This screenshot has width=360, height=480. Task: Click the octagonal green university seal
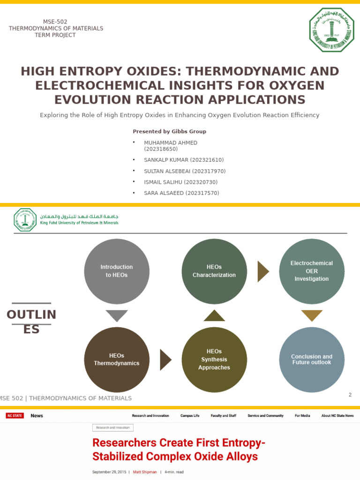coord(331,30)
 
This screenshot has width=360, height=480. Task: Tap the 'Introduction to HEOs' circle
coord(117,271)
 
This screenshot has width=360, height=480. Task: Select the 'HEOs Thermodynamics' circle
coord(117,360)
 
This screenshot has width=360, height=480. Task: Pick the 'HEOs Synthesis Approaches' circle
coord(214,360)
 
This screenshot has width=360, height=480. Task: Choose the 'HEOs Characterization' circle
coord(214,271)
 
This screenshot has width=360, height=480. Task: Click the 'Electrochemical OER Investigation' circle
coord(312,271)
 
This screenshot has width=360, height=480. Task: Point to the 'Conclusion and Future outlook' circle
coord(312,360)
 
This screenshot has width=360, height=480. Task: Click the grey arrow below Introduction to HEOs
coord(117,315)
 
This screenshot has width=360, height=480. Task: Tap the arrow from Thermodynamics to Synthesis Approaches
coord(165,360)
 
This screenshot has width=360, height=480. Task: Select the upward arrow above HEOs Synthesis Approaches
coord(214,315)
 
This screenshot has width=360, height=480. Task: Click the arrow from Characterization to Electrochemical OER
coord(263,271)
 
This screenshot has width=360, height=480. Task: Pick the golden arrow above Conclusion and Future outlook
coord(312,315)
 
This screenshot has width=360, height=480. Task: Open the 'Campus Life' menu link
coord(190,416)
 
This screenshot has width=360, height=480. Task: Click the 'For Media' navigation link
coord(302,416)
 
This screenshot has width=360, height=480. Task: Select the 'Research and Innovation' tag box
coord(113,427)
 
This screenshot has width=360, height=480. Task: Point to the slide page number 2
coord(350,395)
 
